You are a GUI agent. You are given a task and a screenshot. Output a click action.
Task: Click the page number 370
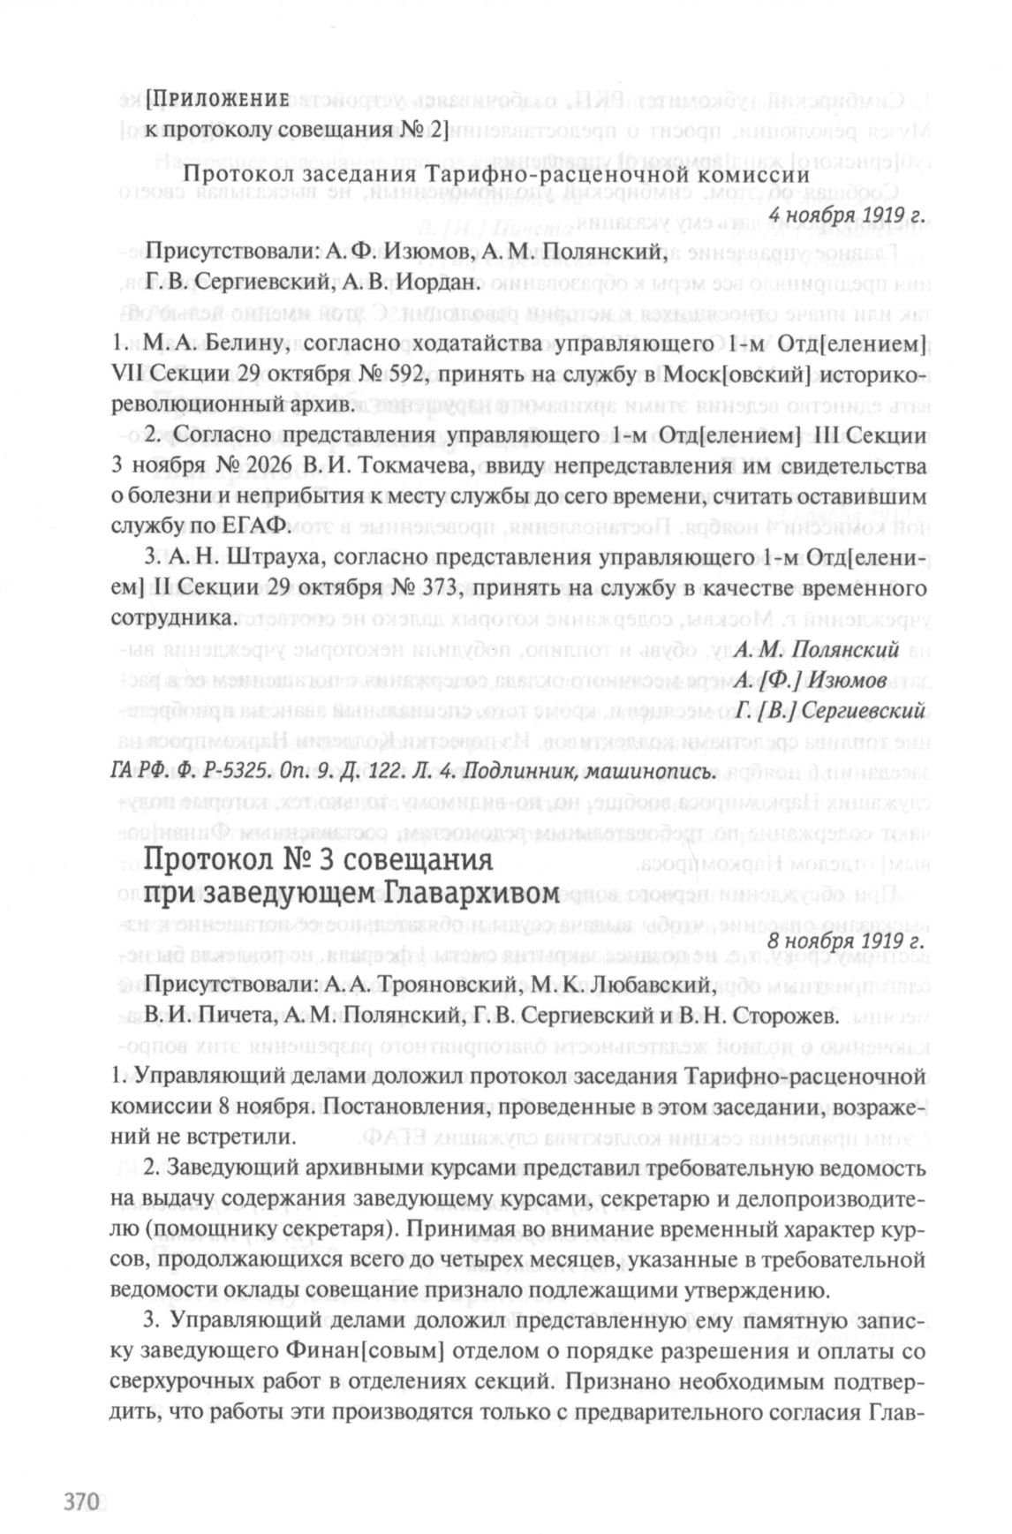(x=78, y=1501)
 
